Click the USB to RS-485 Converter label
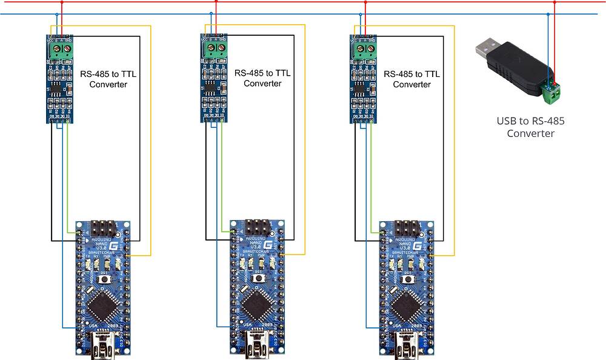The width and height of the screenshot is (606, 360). [530, 127]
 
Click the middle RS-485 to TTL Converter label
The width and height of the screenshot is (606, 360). [262, 78]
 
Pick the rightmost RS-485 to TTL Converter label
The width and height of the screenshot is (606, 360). [412, 79]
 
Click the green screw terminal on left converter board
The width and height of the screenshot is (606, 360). [60, 47]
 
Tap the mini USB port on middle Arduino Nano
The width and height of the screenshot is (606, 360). [256, 348]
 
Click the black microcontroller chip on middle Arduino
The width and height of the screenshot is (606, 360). [255, 304]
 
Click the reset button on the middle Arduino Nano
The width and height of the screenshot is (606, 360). [258, 278]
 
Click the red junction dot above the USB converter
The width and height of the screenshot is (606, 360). [554, 2]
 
